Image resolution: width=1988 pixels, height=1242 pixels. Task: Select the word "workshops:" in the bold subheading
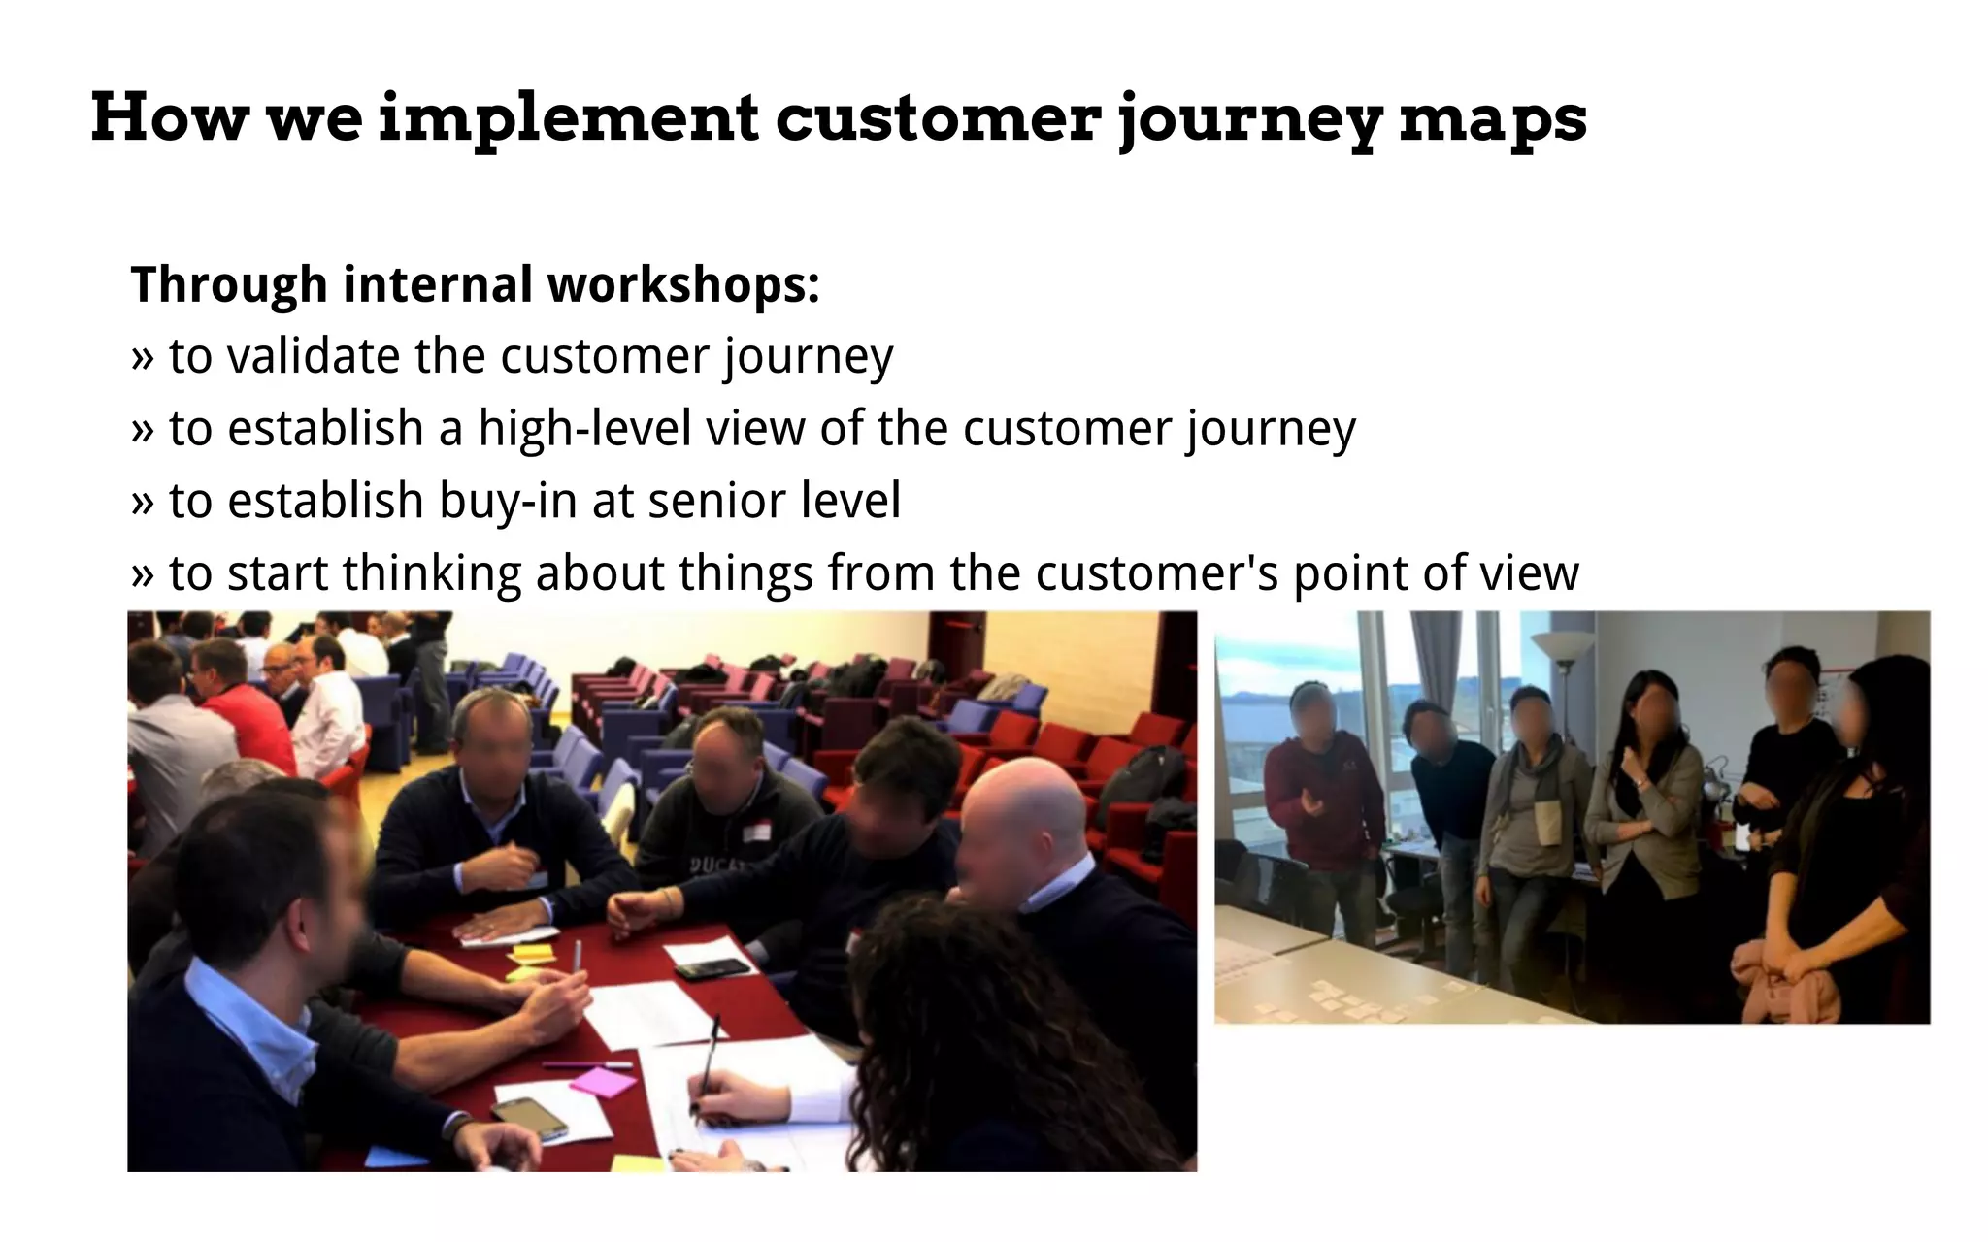coord(683,285)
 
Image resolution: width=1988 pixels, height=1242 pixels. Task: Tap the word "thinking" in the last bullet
coord(431,573)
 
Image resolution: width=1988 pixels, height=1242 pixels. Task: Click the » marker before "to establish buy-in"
coord(143,502)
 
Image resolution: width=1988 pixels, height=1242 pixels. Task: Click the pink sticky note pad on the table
coord(603,1080)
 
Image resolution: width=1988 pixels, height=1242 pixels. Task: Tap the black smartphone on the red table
coord(713,967)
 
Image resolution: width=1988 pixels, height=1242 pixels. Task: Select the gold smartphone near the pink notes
coord(529,1118)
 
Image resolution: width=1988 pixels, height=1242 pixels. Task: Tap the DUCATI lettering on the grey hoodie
coord(718,865)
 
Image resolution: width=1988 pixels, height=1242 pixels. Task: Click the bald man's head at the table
coord(1024,815)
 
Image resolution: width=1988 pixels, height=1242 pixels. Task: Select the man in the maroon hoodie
coord(1322,815)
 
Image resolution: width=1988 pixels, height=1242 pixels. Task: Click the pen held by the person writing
coord(708,1058)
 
